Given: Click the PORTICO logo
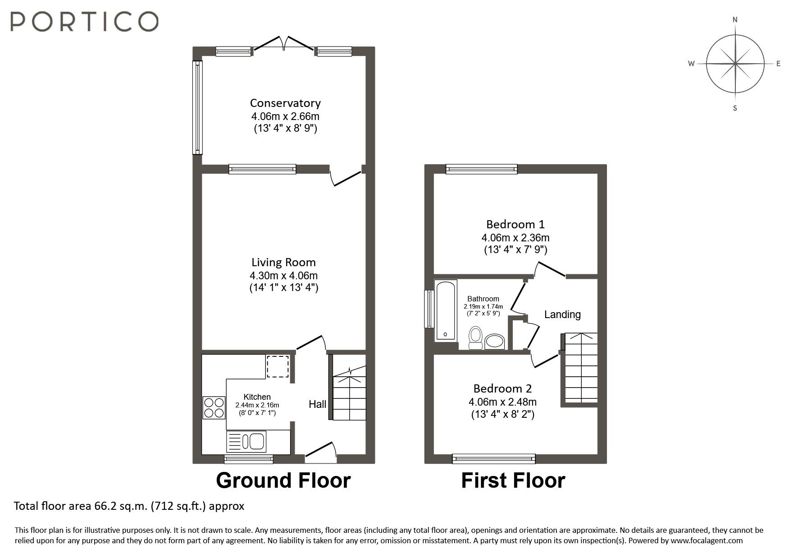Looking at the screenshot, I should tap(84, 21).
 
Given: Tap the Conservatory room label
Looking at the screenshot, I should tap(285, 103).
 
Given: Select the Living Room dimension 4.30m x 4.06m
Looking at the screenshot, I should tap(284, 275).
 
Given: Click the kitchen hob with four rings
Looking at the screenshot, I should tap(214, 407).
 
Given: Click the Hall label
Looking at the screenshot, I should tap(317, 404).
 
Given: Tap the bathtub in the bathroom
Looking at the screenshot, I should tap(445, 310).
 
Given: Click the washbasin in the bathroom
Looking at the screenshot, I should tap(495, 342).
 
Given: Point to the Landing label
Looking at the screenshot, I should tap(562, 314).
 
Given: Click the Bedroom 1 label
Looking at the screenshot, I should tap(515, 224).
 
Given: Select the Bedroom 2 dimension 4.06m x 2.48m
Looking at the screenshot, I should tap(502, 402).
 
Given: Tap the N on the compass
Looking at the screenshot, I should tap(735, 20).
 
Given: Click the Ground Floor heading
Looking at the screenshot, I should tap(283, 480).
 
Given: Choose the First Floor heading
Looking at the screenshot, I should tap(513, 480).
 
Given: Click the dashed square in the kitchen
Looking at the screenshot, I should tap(277, 366).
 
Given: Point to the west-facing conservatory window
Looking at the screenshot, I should tap(197, 107).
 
